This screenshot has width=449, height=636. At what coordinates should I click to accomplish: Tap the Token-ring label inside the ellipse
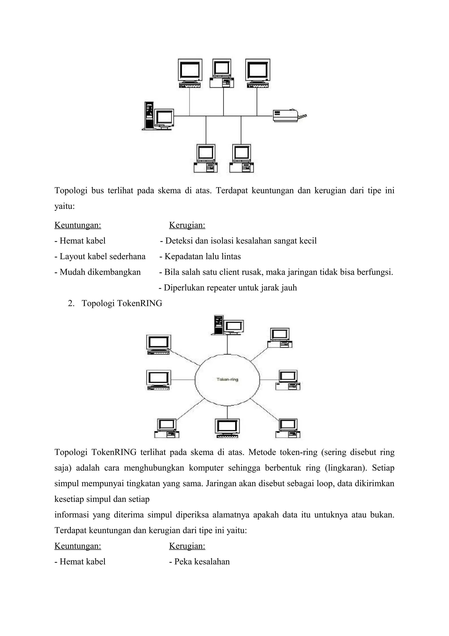[227, 379]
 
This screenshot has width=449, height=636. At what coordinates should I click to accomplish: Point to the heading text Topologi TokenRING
[122, 303]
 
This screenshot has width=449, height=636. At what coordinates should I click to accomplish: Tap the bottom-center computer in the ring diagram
[227, 428]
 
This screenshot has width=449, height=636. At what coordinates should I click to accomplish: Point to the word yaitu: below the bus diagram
[64, 206]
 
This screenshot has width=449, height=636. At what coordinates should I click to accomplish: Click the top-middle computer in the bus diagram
[222, 73]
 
